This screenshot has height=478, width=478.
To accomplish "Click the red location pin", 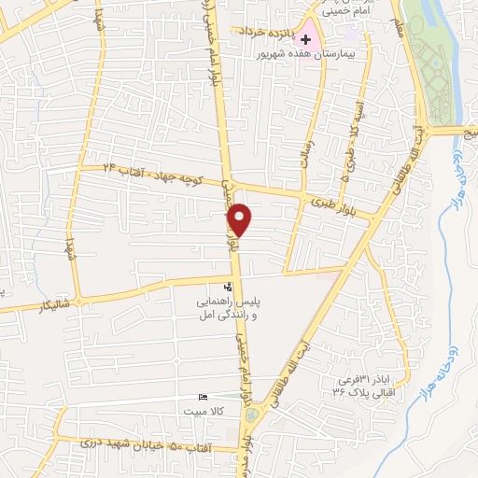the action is [x=240, y=219].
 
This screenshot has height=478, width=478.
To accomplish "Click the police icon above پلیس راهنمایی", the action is [x=230, y=288].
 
